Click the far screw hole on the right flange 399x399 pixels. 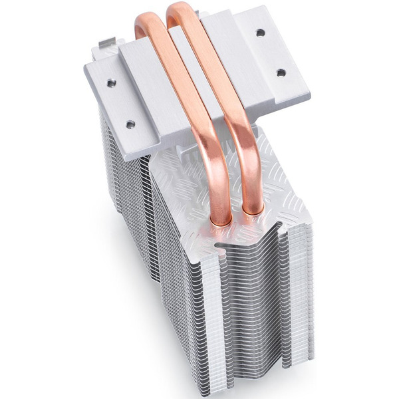pos(260,32)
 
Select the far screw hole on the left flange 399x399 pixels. pos(111,83)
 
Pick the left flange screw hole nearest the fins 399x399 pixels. pos(130,124)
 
